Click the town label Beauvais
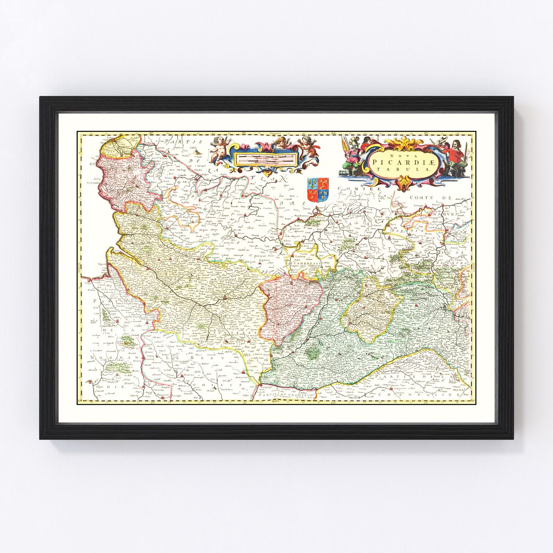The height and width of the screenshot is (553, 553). pyautogui.click(x=188, y=375)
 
